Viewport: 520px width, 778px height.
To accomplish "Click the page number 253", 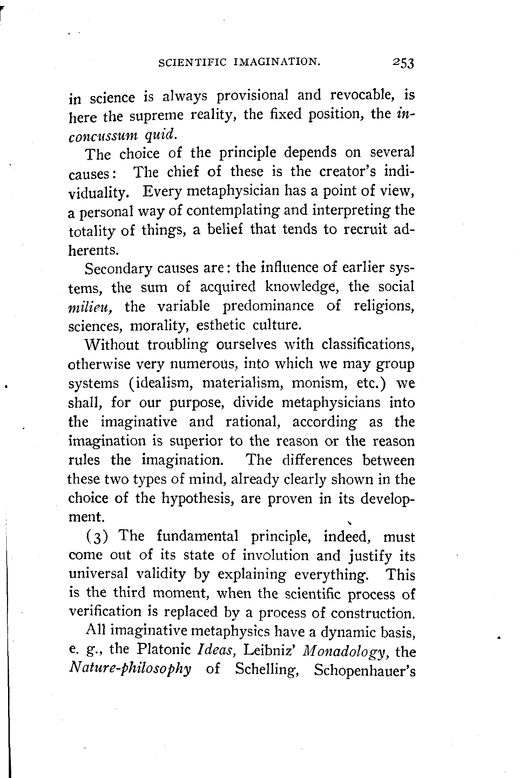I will click(x=404, y=64).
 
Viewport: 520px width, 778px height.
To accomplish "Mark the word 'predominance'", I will click(x=268, y=306).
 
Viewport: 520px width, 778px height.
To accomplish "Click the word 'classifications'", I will click(x=368, y=345).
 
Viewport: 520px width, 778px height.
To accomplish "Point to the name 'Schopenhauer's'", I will click(x=365, y=670).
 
